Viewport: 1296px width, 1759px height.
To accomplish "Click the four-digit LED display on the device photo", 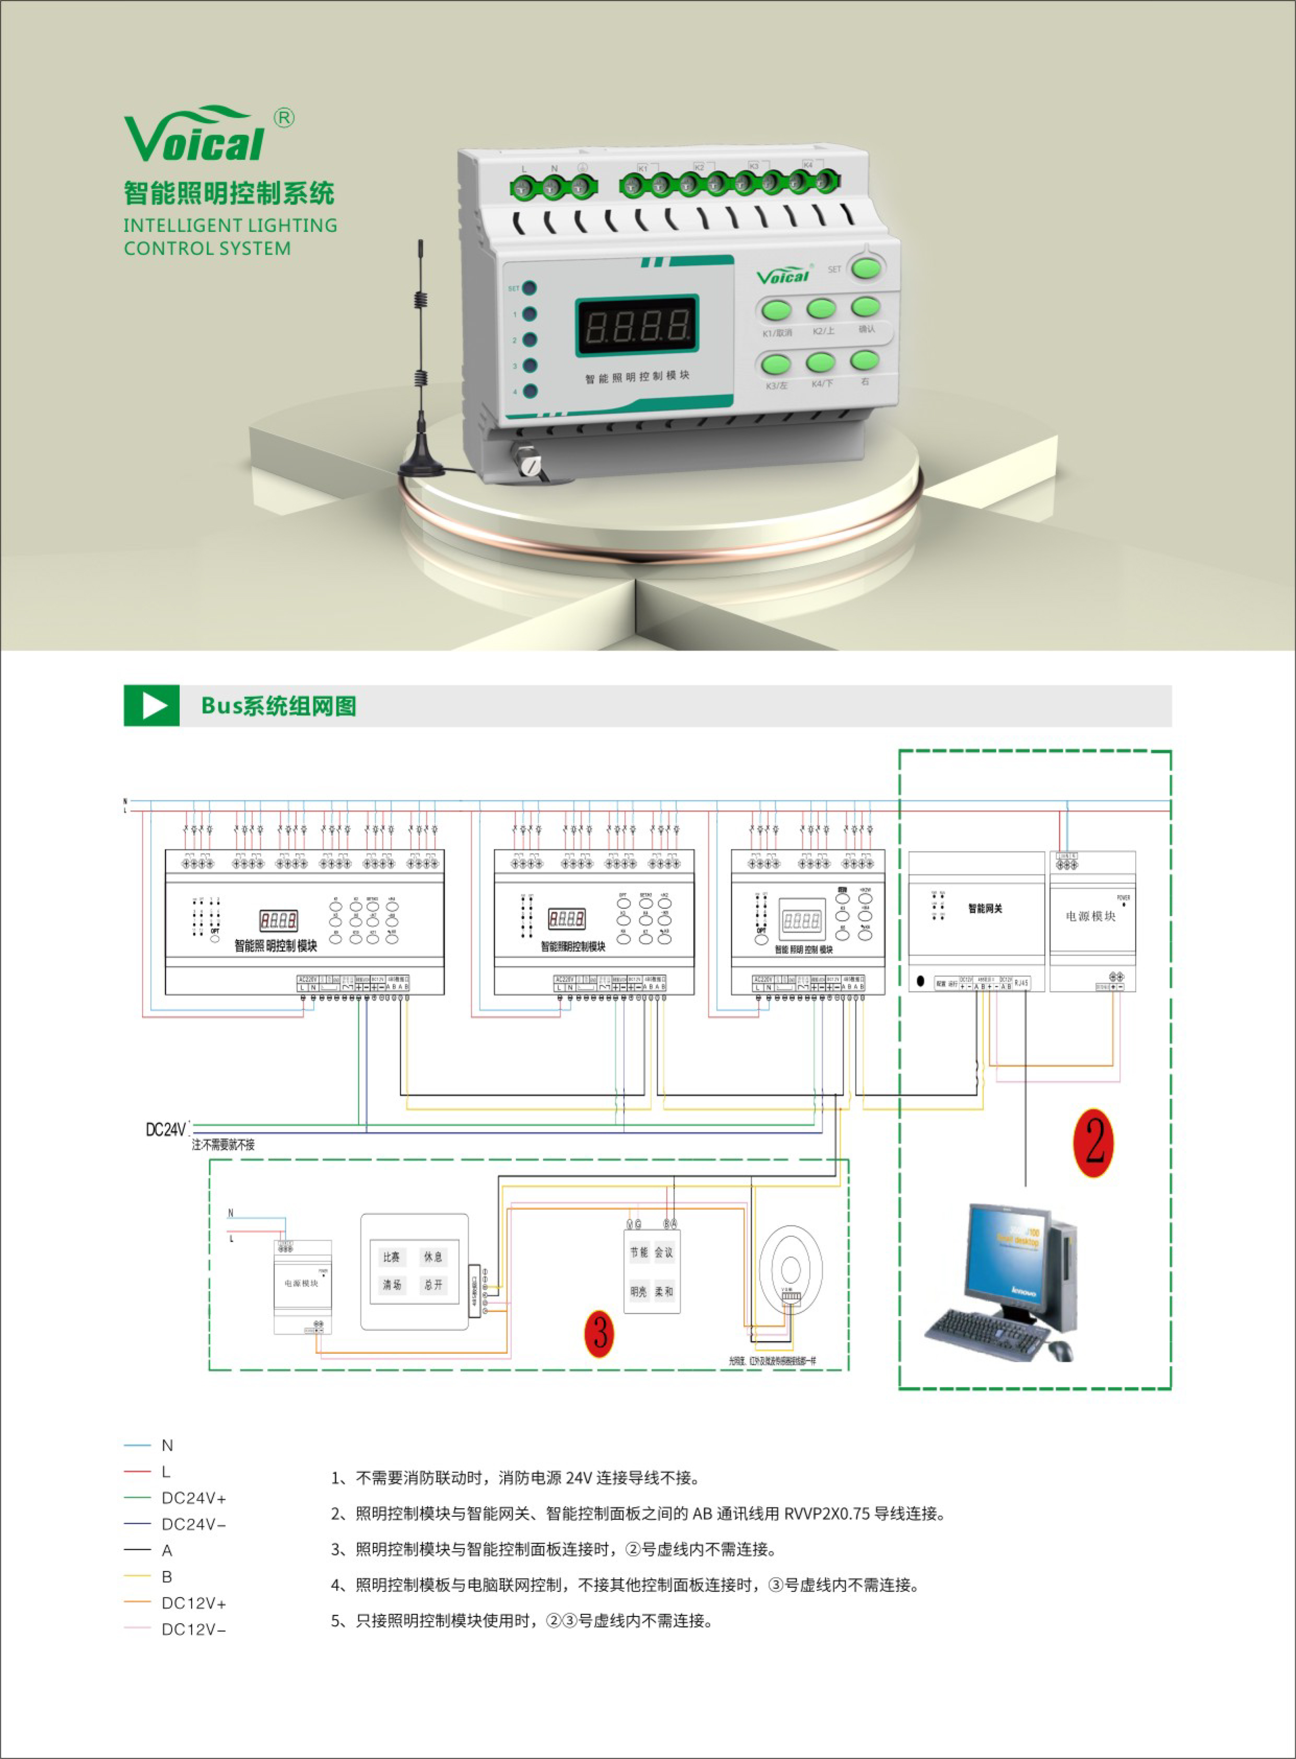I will click(636, 325).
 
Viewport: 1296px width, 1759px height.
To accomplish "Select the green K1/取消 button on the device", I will click(777, 311).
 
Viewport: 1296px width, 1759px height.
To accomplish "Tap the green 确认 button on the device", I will click(866, 306).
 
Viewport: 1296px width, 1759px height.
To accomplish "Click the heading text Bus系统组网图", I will click(278, 706).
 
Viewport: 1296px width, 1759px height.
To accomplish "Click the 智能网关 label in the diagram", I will click(985, 908).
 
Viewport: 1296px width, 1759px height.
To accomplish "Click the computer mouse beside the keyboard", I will click(1060, 1350).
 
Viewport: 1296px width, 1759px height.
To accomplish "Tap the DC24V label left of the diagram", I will click(166, 1130).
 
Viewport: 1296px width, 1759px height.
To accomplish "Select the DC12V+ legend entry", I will click(193, 1603).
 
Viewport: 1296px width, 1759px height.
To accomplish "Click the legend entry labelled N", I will click(166, 1445).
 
